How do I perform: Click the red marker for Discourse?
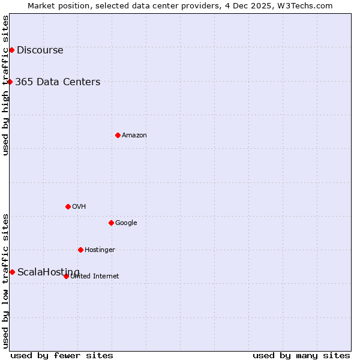click(11, 50)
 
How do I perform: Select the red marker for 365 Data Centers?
click(10, 82)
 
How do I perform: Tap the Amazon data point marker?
click(118, 135)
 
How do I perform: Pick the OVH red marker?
click(68, 206)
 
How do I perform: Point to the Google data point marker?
click(111, 223)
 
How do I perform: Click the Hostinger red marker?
click(80, 250)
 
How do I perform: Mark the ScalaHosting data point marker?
click(12, 272)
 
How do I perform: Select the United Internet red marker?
click(66, 276)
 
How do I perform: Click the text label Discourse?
click(40, 50)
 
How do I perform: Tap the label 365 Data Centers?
click(58, 82)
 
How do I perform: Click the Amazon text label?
click(134, 136)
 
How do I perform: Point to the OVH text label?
click(79, 207)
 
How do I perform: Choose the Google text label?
click(126, 223)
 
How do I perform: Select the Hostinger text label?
click(100, 250)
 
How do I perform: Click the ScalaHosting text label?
click(48, 272)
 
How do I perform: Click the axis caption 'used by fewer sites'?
click(62, 355)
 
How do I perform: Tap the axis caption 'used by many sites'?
click(301, 355)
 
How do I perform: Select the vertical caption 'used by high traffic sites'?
click(5, 85)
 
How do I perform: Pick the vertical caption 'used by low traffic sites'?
click(5, 281)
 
